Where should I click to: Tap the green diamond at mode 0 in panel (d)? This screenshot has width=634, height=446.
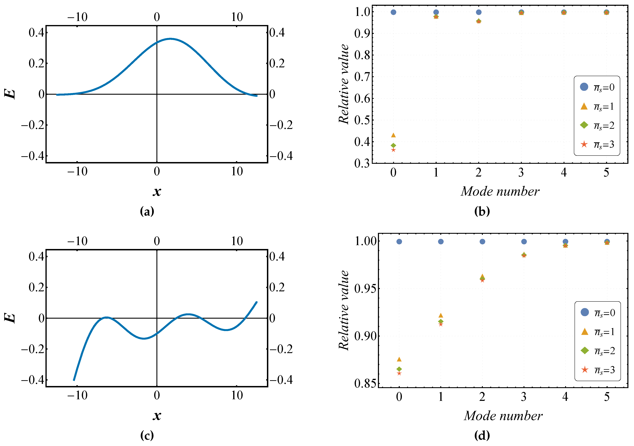click(x=399, y=369)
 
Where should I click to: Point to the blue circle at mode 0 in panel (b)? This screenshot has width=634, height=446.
click(x=393, y=12)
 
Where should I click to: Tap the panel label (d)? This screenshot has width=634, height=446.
click(x=482, y=436)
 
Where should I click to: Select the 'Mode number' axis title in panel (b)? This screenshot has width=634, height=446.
click(x=500, y=191)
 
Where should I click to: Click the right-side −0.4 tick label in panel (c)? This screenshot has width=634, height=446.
click(x=281, y=380)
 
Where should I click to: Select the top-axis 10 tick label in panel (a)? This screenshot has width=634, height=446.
click(x=237, y=17)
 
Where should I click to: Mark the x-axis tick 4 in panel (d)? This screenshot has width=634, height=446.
click(x=565, y=397)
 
